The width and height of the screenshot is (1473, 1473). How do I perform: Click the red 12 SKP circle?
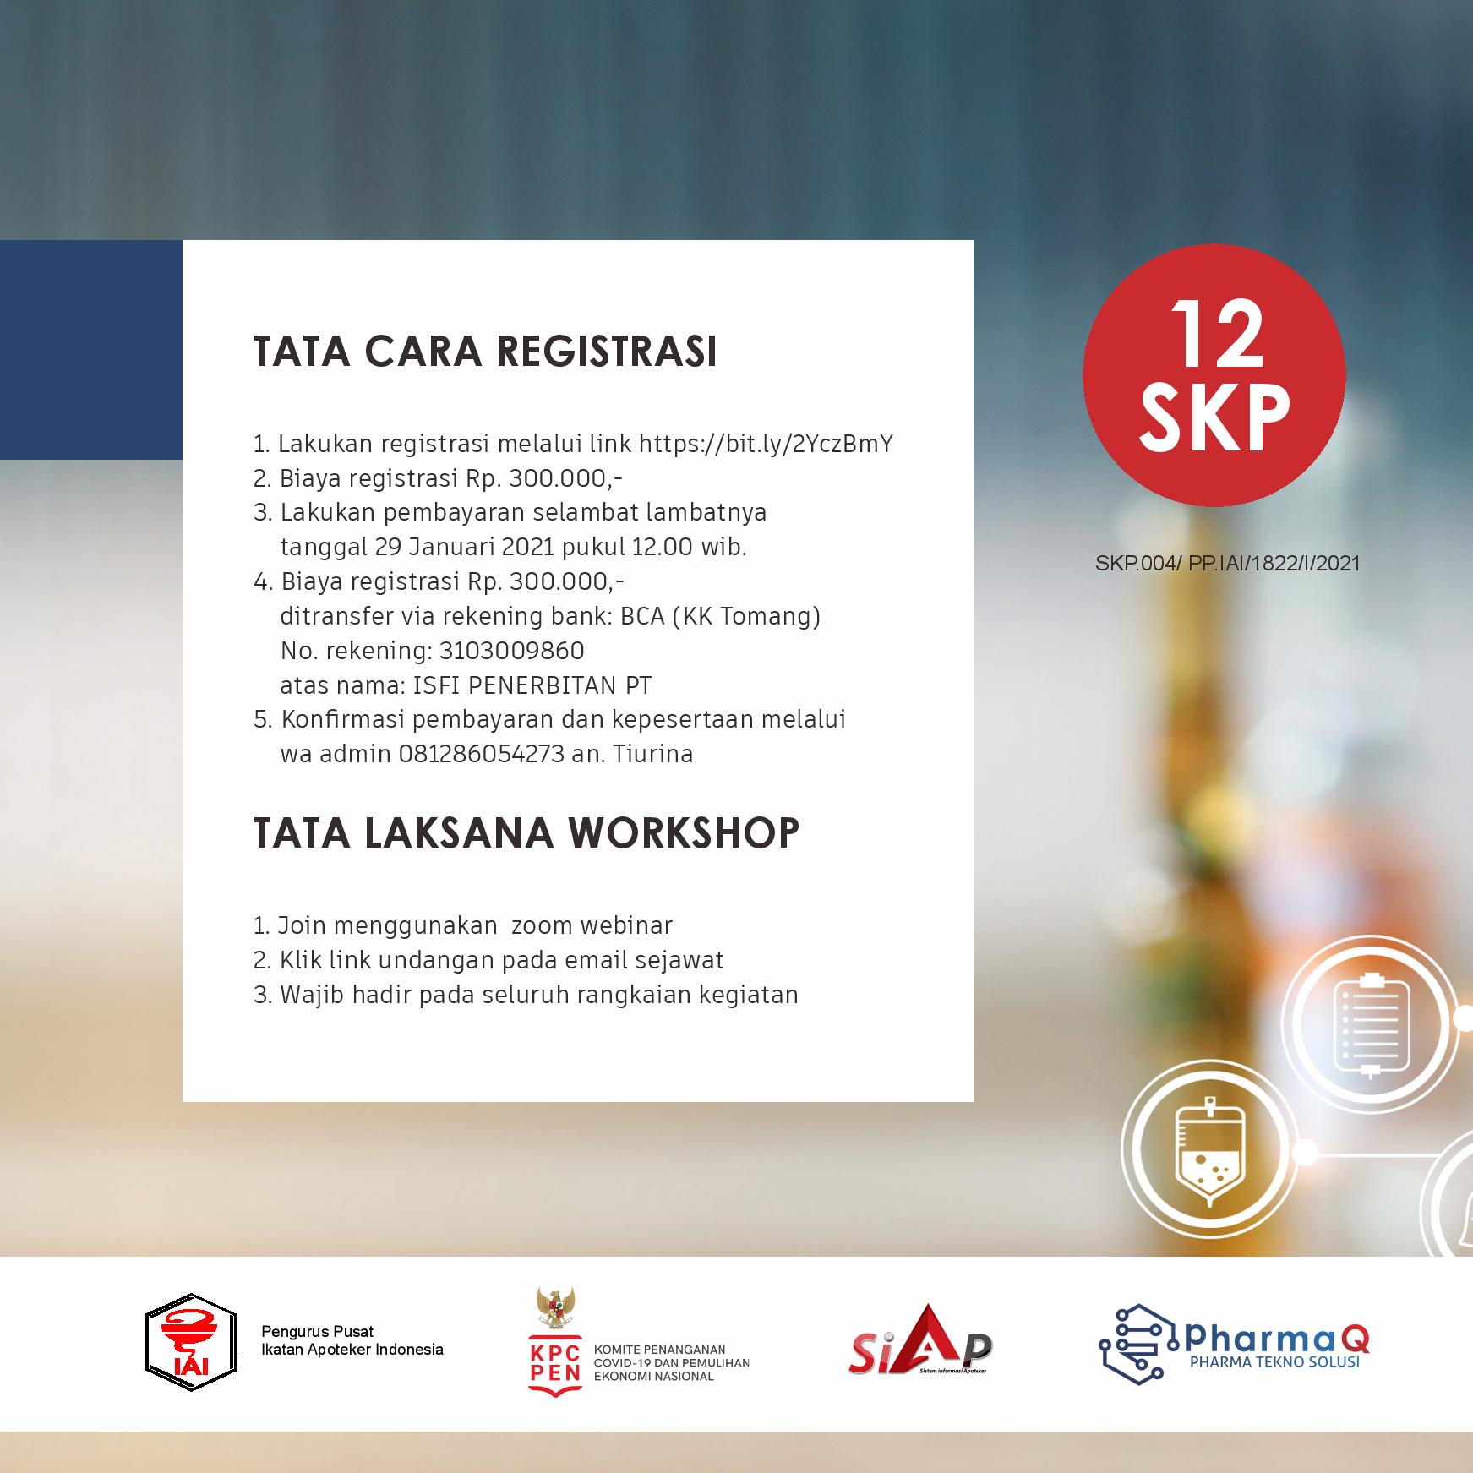[x=1214, y=374]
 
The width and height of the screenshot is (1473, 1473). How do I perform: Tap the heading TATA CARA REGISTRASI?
[x=485, y=352]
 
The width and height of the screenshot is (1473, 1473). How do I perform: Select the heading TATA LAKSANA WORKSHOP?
[x=526, y=832]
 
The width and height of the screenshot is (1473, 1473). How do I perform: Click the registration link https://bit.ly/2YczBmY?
[x=766, y=444]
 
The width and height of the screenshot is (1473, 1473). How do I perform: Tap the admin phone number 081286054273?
[x=481, y=754]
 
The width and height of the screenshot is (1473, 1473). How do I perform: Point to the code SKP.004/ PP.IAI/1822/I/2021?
[x=1228, y=563]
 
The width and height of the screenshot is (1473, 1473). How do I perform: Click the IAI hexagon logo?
[x=191, y=1343]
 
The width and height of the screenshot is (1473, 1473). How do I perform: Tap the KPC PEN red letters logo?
[x=555, y=1361]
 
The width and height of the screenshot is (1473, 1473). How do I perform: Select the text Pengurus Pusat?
[x=317, y=1332]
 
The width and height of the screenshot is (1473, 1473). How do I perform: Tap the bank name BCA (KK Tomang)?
[x=721, y=617]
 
